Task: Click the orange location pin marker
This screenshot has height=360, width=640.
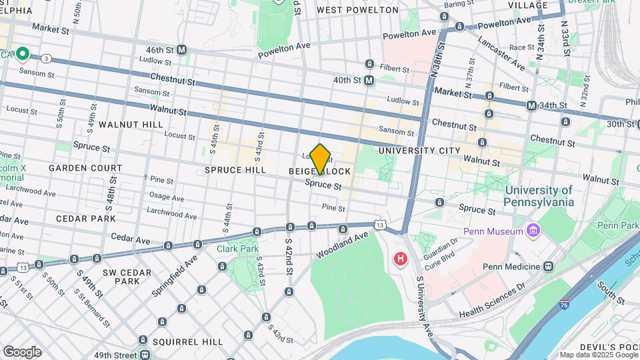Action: click(321, 159)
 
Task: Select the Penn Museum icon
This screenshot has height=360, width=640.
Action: click(533, 231)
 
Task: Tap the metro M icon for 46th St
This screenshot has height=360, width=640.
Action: click(181, 50)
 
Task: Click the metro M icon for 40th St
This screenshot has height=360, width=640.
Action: click(369, 80)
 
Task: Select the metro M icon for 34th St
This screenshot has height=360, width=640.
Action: click(531, 105)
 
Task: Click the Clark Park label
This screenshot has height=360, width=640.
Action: click(237, 249)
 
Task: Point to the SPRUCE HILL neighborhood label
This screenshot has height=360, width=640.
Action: click(235, 170)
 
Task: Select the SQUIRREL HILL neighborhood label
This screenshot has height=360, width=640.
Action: click(187, 342)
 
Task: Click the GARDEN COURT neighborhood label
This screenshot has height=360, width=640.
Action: click(85, 168)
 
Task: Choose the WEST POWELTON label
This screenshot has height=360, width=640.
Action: click(357, 10)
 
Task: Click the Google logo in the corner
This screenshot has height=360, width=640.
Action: click(21, 351)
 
